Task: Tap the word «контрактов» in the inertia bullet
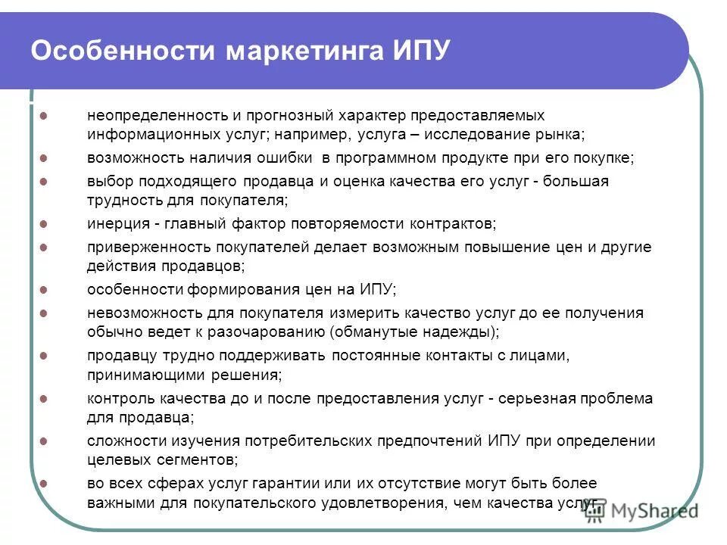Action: click(x=451, y=224)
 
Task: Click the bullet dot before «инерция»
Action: click(x=43, y=224)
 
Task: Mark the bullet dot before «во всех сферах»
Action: click(x=43, y=483)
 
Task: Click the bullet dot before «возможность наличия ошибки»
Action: click(x=43, y=158)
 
